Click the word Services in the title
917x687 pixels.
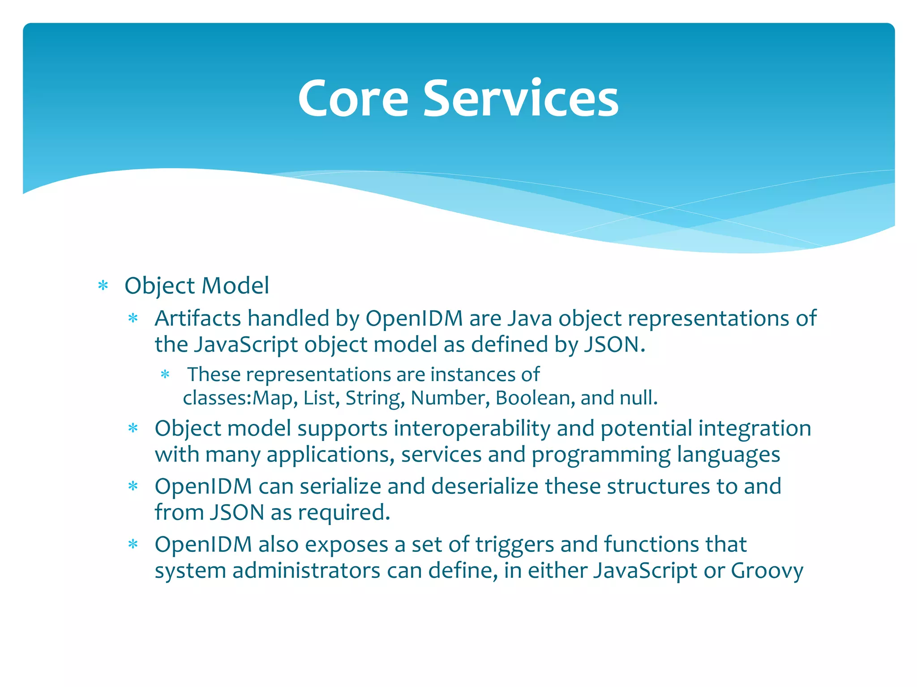pos(521,98)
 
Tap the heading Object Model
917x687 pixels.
pos(197,286)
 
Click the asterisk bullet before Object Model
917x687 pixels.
pos(103,286)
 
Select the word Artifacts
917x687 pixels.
pos(198,319)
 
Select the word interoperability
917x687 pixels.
pos(472,428)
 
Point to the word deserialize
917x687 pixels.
pos(485,487)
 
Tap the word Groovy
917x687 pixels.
pos(767,571)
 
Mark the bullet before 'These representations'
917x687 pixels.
pos(165,374)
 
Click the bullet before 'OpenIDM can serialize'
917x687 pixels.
pos(133,486)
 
